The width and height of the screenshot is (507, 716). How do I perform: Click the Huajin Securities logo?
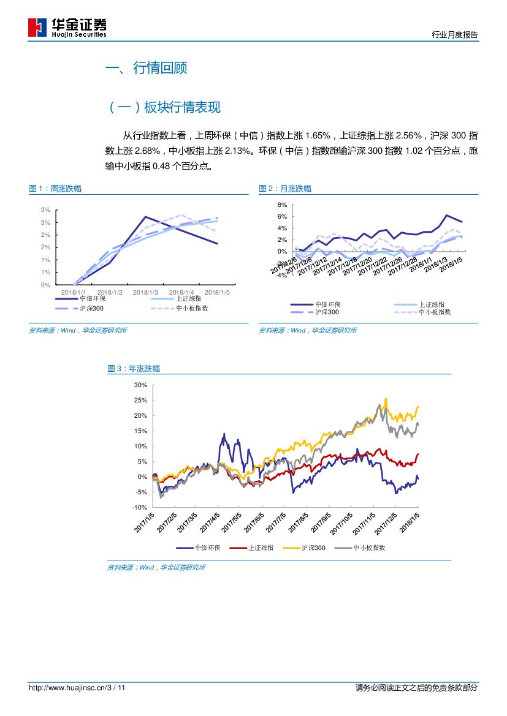(x=67, y=28)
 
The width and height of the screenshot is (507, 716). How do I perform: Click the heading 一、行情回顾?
(x=147, y=68)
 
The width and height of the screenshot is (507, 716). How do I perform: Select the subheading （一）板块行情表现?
(x=164, y=108)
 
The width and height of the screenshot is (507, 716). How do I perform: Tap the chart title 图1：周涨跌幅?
(x=55, y=189)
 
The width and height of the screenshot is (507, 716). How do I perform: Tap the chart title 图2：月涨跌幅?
(x=285, y=189)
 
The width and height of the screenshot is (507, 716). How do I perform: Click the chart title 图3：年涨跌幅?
(x=134, y=369)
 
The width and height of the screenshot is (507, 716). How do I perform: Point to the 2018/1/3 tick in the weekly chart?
(x=145, y=292)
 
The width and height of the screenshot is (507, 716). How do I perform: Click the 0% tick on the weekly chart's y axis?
(x=46, y=285)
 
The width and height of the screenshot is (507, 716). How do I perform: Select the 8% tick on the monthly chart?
(x=283, y=205)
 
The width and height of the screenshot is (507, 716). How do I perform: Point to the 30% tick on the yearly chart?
(x=140, y=385)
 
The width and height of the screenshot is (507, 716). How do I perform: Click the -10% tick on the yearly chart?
(x=139, y=508)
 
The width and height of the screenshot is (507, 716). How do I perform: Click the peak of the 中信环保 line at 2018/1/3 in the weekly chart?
(x=145, y=216)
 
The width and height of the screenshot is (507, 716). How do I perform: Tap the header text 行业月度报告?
(x=454, y=35)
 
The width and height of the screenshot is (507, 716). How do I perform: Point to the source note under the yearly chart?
(x=156, y=568)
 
